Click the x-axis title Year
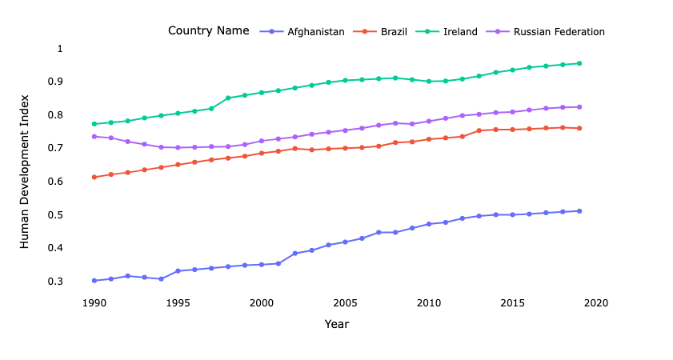(x=337, y=324)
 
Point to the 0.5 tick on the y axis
(x=56, y=214)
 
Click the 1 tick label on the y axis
(x=59, y=49)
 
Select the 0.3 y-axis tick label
(x=56, y=282)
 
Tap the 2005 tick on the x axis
(x=345, y=303)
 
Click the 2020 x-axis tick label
(x=596, y=303)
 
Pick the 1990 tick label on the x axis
(x=94, y=303)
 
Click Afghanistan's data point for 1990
(x=94, y=281)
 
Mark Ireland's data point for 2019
(x=579, y=63)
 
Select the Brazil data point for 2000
(x=262, y=153)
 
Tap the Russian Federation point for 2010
(x=429, y=121)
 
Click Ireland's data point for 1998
(x=228, y=98)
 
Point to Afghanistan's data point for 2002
(x=295, y=254)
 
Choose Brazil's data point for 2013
(x=479, y=130)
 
